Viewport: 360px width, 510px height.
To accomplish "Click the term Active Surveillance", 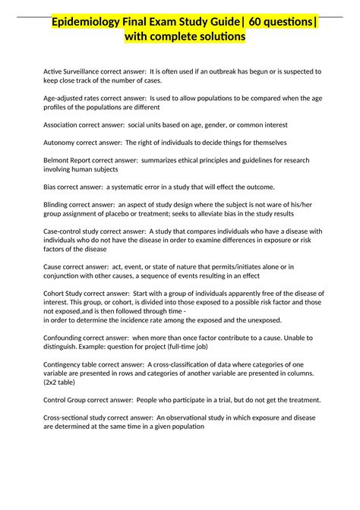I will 69,71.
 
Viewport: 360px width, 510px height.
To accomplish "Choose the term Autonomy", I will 58,142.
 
